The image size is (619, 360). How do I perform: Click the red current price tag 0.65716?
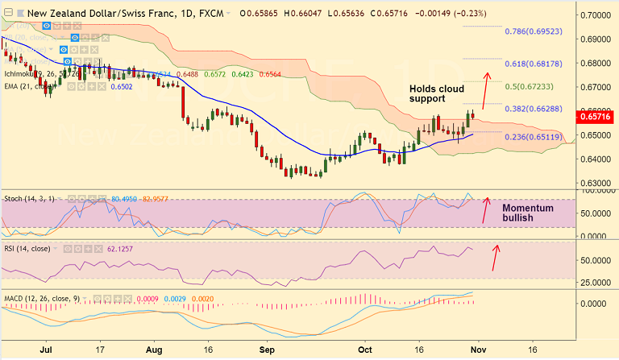597,118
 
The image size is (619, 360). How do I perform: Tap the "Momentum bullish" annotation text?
527,213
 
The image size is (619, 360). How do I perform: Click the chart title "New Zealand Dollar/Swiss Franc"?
102,13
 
